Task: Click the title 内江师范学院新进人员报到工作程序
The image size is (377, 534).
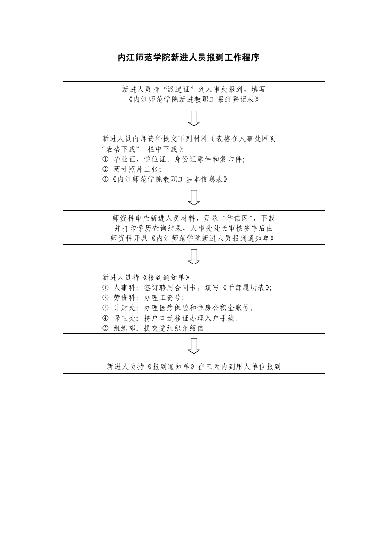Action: [188, 58]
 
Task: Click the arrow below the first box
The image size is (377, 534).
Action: [194, 118]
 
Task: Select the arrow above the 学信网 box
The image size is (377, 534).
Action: [194, 197]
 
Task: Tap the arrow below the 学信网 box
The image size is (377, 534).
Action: [194, 257]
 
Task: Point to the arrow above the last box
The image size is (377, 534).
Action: [194, 346]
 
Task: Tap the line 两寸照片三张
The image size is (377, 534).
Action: [131, 169]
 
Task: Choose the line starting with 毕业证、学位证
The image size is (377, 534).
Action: [173, 159]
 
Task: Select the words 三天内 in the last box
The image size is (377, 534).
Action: [216, 366]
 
